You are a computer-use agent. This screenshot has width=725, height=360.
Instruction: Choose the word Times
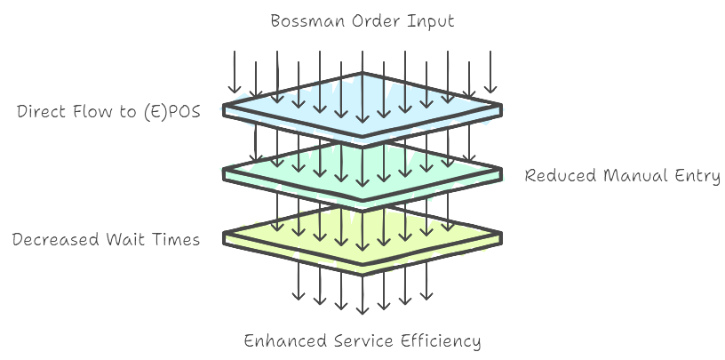coord(176,240)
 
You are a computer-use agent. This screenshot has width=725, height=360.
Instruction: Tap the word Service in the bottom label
coord(358,341)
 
